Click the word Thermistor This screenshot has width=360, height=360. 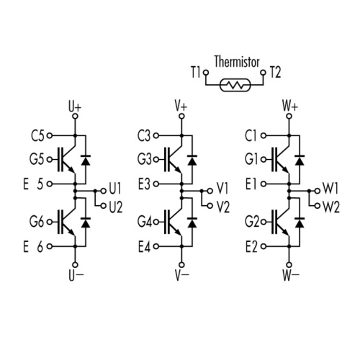[237, 62]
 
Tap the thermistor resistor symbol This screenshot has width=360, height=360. [235, 85]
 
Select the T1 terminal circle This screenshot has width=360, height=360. [206, 72]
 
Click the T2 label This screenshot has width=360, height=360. [275, 72]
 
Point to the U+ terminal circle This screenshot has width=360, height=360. [76, 117]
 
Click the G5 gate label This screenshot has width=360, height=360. [37, 159]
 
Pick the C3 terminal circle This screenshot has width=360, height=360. [156, 135]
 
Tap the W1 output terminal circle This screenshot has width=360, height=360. [318, 191]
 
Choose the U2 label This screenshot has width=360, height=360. [116, 207]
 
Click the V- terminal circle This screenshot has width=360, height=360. [182, 265]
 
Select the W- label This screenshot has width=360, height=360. [291, 275]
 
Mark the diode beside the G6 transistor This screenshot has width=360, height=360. [86, 223]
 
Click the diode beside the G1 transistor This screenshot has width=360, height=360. [300, 161]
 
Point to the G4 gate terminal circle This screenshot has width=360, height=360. [156, 222]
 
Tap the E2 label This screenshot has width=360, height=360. [251, 246]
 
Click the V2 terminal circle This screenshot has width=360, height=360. [210, 206]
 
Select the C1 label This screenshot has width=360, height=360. [251, 136]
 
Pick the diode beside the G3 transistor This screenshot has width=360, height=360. [192, 161]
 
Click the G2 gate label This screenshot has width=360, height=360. [252, 222]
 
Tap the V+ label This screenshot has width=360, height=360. [181, 106]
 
